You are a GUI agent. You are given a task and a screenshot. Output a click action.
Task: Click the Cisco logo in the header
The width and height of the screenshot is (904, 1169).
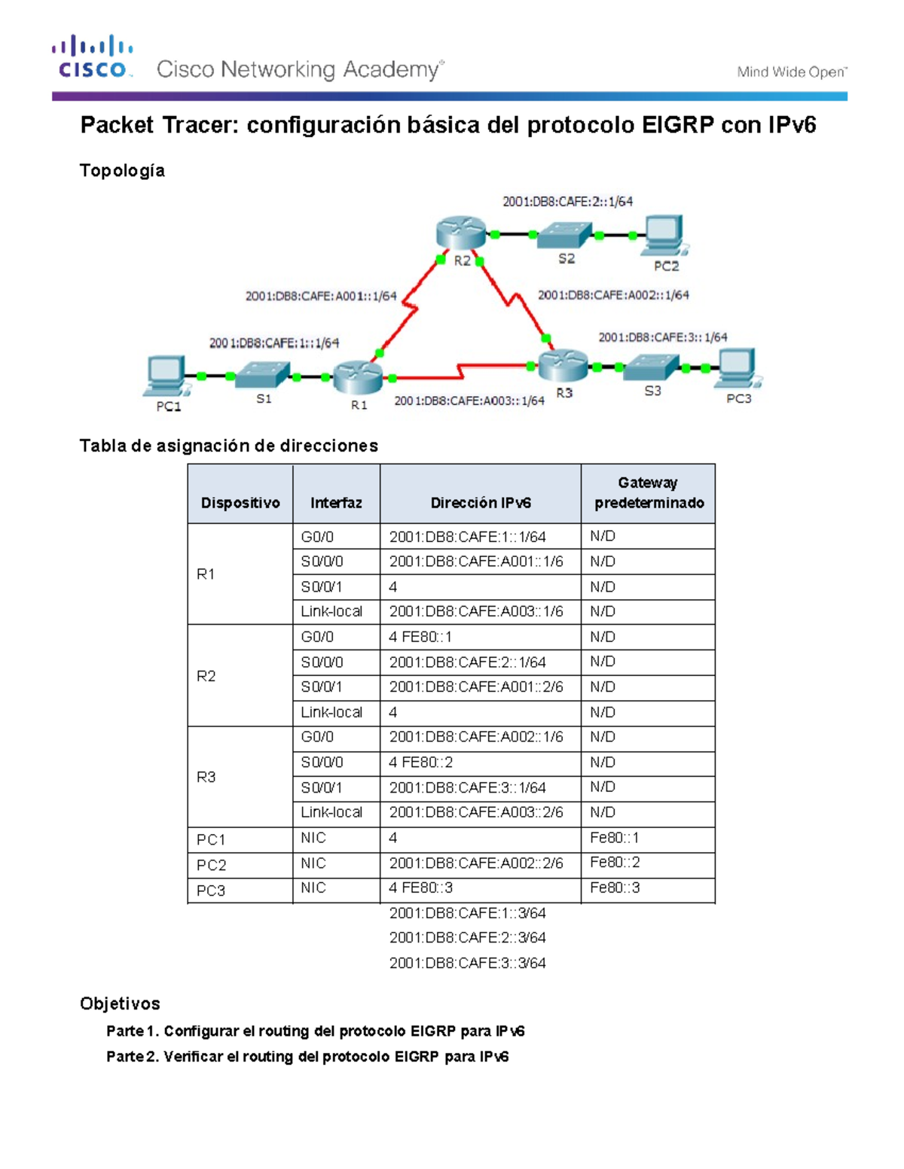point(93,57)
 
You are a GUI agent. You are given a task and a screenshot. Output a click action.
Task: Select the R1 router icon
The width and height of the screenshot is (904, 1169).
point(358,376)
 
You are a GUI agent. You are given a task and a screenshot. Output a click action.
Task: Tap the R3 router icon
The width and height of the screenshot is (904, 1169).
point(563,365)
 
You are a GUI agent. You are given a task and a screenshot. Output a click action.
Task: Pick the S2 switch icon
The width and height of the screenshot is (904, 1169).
point(566,235)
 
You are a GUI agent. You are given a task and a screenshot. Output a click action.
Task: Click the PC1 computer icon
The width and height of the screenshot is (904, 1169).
point(166,376)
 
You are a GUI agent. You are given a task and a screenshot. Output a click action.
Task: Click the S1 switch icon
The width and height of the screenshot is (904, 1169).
point(262,374)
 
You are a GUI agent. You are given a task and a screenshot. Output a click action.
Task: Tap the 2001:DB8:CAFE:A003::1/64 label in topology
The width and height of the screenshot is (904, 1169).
point(469,401)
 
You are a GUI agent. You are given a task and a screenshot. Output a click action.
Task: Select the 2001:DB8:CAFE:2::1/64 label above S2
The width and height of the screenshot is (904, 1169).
point(567,202)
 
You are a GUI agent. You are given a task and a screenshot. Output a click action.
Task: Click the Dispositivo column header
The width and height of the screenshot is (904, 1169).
point(240,503)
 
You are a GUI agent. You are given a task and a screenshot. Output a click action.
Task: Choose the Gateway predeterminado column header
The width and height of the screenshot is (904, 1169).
point(649,493)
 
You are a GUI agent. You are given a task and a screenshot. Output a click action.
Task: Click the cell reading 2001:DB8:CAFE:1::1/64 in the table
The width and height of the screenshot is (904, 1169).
point(467,537)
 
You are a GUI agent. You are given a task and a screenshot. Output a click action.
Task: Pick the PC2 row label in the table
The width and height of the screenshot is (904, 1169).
point(212,865)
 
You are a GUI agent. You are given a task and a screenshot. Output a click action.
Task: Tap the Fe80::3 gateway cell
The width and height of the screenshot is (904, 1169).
point(615,888)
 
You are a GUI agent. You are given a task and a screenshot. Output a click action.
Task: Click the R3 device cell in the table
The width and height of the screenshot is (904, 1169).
point(206,777)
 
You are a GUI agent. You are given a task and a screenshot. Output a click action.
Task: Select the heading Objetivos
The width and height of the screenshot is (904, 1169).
point(120,1003)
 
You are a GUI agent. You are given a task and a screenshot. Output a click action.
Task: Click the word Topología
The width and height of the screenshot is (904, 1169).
point(122,171)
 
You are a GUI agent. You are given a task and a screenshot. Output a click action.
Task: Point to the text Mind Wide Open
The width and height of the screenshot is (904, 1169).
point(791,72)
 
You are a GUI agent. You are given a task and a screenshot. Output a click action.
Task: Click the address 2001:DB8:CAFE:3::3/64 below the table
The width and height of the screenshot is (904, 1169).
point(467,963)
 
